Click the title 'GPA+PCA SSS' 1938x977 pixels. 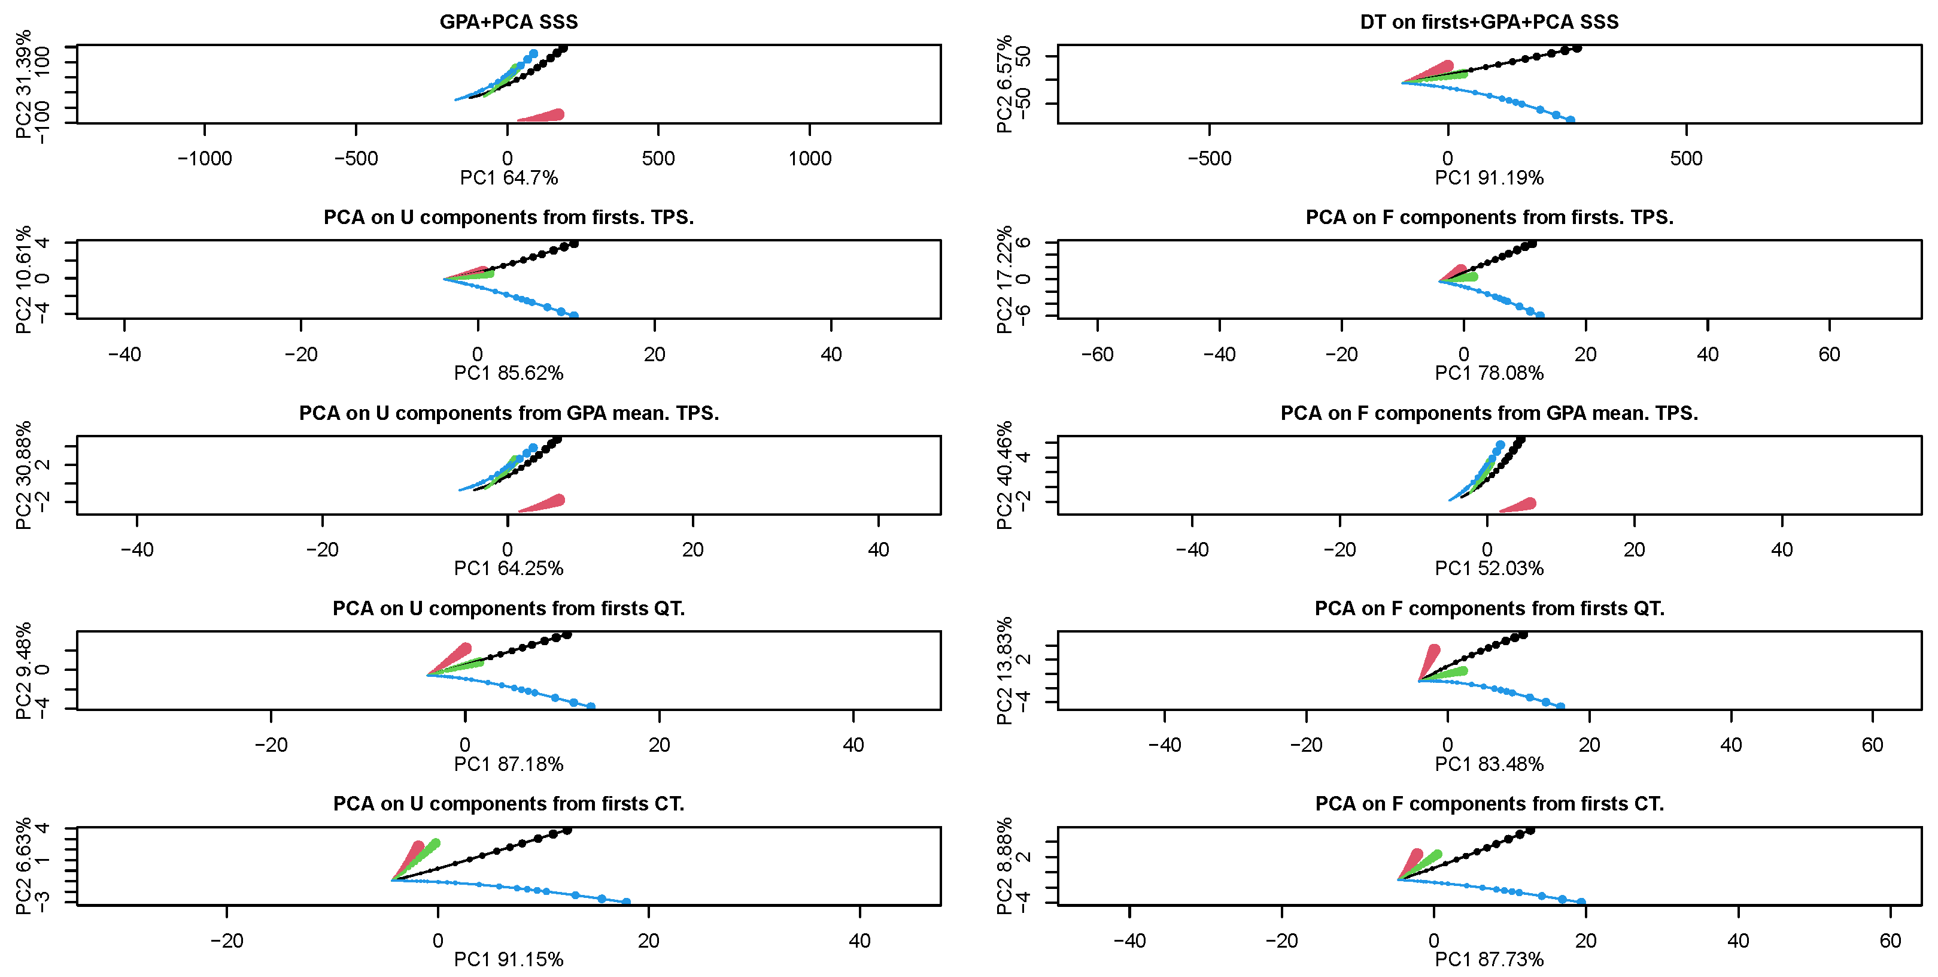tap(509, 22)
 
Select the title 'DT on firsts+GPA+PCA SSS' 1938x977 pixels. tap(1489, 22)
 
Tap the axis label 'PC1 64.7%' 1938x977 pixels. tap(509, 178)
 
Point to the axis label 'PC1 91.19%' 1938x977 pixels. tap(1489, 178)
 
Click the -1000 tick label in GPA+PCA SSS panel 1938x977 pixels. tap(205, 158)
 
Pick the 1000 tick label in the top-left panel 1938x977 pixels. tap(810, 158)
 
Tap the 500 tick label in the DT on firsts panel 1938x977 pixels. tap(1686, 158)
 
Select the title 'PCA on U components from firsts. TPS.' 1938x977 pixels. tap(509, 217)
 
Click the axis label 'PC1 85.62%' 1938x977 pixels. tap(509, 373)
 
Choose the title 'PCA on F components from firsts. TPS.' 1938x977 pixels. tap(1489, 217)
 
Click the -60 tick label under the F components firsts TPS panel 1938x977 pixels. tap(1097, 354)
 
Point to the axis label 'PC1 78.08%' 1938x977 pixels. tap(1489, 373)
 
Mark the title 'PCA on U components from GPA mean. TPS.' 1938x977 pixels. tap(509, 413)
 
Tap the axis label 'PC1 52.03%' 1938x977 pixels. tap(1489, 568)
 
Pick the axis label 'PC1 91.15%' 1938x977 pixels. tap(509, 960)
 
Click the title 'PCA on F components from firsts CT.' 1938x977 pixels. tap(1489, 804)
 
